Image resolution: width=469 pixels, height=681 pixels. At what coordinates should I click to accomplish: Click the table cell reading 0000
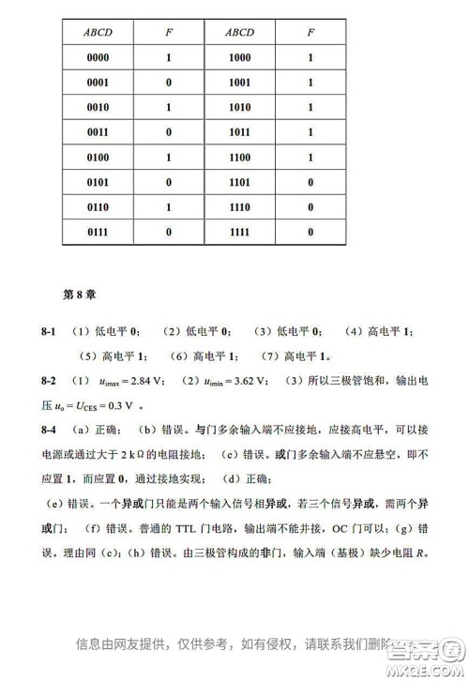pos(98,58)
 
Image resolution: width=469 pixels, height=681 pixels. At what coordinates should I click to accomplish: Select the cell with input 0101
pos(98,181)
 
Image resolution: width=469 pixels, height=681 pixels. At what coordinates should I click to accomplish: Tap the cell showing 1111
pos(239,231)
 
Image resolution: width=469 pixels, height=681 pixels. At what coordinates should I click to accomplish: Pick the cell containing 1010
pos(239,108)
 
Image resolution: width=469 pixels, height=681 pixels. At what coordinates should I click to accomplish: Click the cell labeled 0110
pos(98,206)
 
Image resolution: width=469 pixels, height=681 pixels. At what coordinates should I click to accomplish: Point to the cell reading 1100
pos(239,157)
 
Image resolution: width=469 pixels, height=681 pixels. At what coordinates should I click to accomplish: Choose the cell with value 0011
pos(98,132)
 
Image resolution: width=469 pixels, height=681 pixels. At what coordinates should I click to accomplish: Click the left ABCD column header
pos(98,33)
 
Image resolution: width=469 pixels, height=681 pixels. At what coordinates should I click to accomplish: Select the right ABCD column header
pos(239,33)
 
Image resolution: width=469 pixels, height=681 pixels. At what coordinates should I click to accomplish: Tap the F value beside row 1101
pos(310,181)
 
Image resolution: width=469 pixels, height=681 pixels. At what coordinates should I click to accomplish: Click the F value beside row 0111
pos(169,231)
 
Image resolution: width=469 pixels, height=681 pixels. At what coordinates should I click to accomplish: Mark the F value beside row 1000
pos(310,58)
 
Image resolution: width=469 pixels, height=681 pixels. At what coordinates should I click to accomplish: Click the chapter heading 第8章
pos(81,294)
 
